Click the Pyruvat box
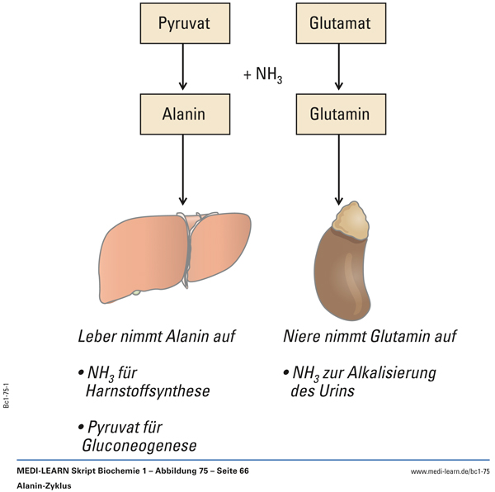coord(184,23)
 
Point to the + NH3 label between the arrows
coord(263,75)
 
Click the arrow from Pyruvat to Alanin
coord(184,69)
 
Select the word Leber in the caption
coord(98,337)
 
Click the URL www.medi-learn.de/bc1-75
coord(450,471)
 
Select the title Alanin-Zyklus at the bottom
coord(44,485)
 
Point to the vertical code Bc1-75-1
coord(7,395)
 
